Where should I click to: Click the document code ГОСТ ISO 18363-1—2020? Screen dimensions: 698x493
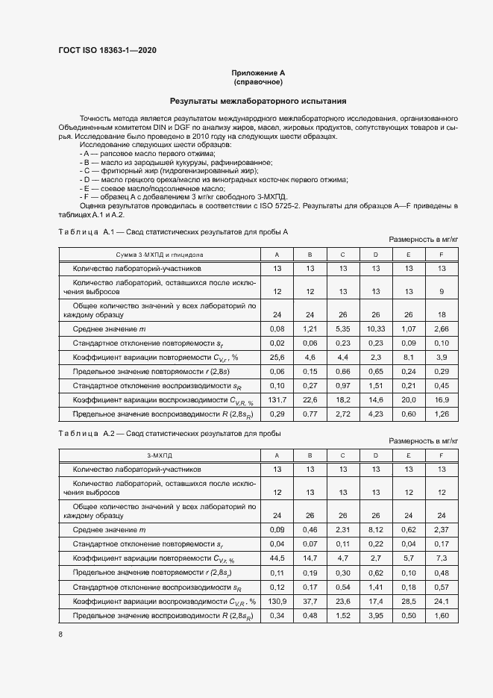[x=107, y=51]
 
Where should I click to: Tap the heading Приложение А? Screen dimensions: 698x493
[x=258, y=72]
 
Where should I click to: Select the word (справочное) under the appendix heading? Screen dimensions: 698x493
[x=258, y=81]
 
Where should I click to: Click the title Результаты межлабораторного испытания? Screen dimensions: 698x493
[x=258, y=101]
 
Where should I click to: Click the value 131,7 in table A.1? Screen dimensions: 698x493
[x=277, y=400]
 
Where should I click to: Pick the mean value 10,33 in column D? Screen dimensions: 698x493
[x=375, y=329]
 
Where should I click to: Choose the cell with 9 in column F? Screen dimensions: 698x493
[x=442, y=291]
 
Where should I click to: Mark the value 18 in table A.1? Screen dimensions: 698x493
[x=442, y=314]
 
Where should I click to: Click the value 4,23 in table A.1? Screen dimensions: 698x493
[x=375, y=414]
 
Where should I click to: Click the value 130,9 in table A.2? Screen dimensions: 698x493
[x=277, y=601]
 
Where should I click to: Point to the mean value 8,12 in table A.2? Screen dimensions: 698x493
[x=375, y=530]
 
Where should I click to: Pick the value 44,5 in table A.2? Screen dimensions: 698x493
[x=277, y=558]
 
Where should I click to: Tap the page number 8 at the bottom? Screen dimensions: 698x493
[x=60, y=635]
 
